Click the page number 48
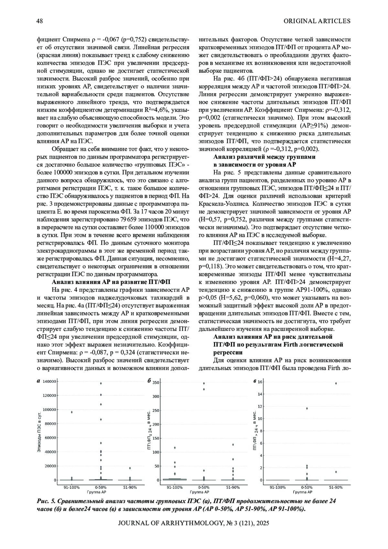(x=40, y=21)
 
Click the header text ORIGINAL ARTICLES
(x=317, y=21)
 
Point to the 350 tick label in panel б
(x=156, y=383)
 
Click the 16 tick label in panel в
(x=260, y=382)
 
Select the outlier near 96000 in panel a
(x=72, y=412)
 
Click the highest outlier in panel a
(x=101, y=383)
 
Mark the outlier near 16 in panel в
(x=336, y=383)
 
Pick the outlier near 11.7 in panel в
(x=307, y=408)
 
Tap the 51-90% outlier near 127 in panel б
(x=233, y=445)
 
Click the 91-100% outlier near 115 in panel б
(x=175, y=448)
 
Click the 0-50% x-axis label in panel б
(x=204, y=487)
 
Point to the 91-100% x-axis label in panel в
(x=278, y=487)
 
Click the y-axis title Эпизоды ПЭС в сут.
(x=39, y=432)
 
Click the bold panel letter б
(x=149, y=381)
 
